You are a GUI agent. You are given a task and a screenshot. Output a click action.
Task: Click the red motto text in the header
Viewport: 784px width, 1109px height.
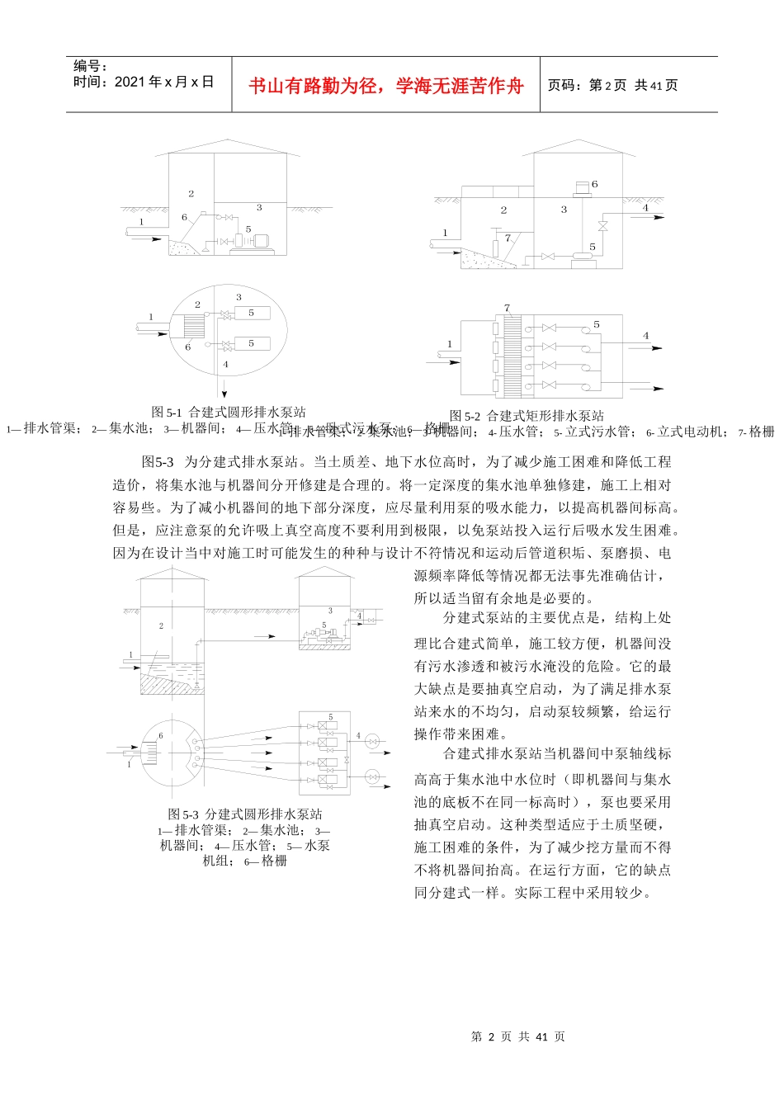pyautogui.click(x=386, y=86)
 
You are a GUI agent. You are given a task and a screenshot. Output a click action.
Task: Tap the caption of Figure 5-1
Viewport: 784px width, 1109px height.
pyautogui.click(x=229, y=412)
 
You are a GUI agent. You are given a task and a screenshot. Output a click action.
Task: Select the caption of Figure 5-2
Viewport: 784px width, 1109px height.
pyautogui.click(x=527, y=416)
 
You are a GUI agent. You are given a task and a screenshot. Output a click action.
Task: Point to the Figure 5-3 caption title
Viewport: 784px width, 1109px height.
pyautogui.click(x=245, y=814)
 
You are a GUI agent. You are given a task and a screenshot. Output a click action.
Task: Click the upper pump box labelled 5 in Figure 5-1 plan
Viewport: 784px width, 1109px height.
pyautogui.click(x=252, y=314)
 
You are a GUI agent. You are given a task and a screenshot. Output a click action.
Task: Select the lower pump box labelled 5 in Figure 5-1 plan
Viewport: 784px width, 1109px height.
pyautogui.click(x=252, y=343)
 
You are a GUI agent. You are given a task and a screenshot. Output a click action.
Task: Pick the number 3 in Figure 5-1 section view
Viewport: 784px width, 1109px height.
pyautogui.click(x=259, y=208)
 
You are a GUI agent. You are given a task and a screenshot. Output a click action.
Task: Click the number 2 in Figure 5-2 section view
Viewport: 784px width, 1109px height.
pyautogui.click(x=503, y=210)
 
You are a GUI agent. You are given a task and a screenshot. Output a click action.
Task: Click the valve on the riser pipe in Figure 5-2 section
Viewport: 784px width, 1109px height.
pyautogui.click(x=602, y=225)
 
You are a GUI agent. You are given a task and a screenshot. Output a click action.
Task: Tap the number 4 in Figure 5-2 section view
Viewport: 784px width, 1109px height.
pyautogui.click(x=646, y=208)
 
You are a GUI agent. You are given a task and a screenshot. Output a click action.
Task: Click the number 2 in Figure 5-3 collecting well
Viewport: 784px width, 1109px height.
pyautogui.click(x=161, y=625)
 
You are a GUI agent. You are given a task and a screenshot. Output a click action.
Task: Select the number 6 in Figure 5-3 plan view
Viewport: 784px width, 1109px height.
pyautogui.click(x=161, y=735)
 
